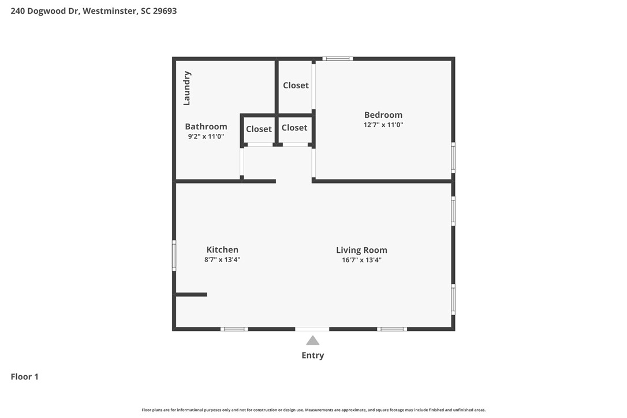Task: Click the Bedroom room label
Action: (x=383, y=115)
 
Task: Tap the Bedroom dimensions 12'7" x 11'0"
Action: (x=383, y=125)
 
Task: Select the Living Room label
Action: (x=361, y=250)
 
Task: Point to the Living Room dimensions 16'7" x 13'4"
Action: (x=361, y=260)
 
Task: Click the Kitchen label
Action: (x=222, y=250)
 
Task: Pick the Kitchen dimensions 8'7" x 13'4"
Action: (x=222, y=260)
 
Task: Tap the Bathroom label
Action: (x=206, y=126)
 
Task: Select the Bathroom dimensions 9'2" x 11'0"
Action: (x=206, y=137)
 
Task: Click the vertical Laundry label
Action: (x=186, y=88)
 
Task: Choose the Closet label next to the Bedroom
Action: (x=296, y=85)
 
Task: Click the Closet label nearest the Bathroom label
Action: (x=259, y=129)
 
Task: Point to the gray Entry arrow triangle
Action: (x=312, y=341)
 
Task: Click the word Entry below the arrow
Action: (x=312, y=356)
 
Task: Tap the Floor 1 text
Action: (x=25, y=377)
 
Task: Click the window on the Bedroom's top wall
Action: (x=337, y=58)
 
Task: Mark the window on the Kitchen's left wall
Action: (x=174, y=256)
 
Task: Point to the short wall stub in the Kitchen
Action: (x=191, y=294)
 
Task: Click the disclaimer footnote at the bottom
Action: (x=313, y=410)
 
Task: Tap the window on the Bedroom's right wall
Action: (x=453, y=157)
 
